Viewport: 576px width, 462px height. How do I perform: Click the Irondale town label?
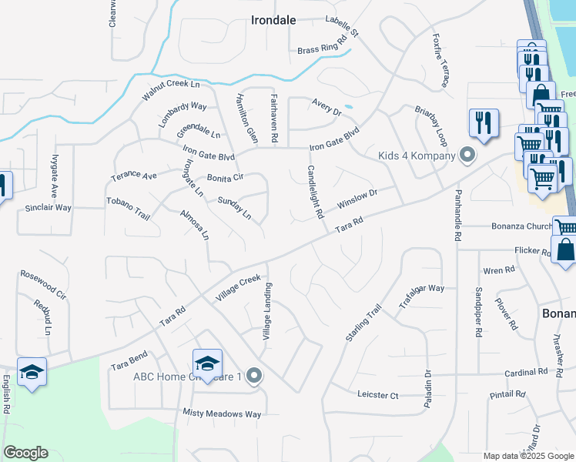pos(273,21)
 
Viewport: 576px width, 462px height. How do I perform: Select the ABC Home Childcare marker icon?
pos(255,377)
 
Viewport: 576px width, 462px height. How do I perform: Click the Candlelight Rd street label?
pos(313,192)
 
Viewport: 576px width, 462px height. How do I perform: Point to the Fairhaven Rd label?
pos(274,118)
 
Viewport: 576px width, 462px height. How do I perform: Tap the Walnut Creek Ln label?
pos(170,89)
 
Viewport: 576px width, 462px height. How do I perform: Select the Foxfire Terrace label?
pos(440,54)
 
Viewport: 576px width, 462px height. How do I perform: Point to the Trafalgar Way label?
pos(422,298)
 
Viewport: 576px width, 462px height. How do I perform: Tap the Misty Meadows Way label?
pos(222,414)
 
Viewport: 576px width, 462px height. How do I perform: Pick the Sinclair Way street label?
pos(49,208)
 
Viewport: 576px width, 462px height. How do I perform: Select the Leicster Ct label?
pos(378,395)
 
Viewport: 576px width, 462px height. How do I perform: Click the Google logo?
pos(25,453)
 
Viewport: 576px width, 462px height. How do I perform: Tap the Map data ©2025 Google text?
pos(527,456)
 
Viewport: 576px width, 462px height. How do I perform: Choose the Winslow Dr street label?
pos(357,200)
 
